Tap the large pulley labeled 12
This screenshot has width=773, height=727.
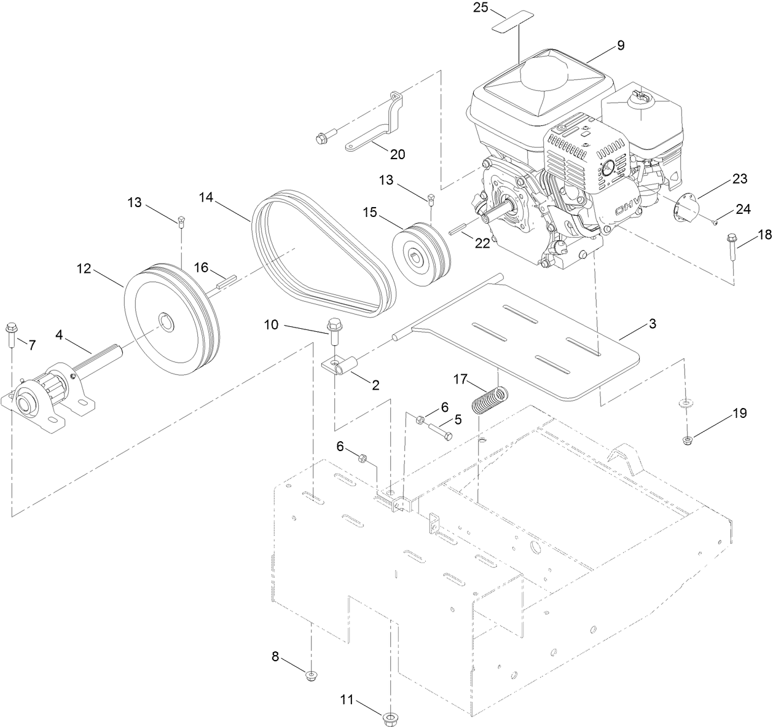click(169, 320)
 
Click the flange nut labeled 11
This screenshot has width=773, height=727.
click(388, 717)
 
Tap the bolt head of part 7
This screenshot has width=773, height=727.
click(11, 328)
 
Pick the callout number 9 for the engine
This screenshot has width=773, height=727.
click(620, 45)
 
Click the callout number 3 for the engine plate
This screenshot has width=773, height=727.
click(653, 323)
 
